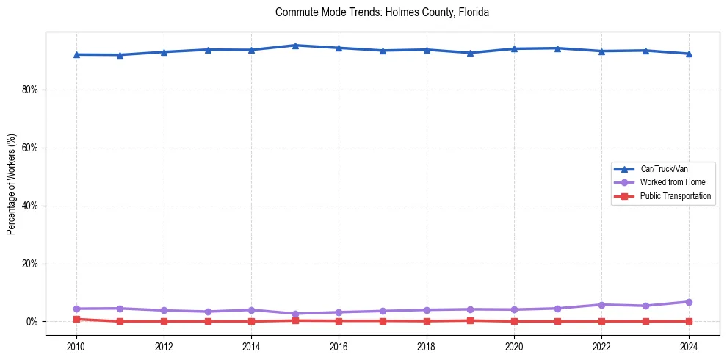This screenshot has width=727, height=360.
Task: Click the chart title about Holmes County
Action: (382, 12)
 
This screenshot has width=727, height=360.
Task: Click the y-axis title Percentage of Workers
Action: (11, 184)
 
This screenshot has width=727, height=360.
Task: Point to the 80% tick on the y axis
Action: (31, 90)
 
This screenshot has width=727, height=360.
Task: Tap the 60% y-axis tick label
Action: (31, 148)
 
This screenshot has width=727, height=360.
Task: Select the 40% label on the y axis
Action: (31, 206)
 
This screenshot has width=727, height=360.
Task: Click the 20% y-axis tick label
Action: (31, 264)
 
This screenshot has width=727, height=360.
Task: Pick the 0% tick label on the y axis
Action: (33, 322)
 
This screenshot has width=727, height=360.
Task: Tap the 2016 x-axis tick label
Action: (339, 345)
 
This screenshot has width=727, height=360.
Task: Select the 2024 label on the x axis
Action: (689, 345)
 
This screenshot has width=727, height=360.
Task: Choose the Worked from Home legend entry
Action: (669, 182)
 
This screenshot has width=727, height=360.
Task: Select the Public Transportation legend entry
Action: (675, 196)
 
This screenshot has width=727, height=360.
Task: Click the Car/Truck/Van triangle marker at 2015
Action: (295, 46)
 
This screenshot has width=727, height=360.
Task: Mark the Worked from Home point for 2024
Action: (689, 302)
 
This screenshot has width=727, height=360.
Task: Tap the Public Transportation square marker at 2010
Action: (76, 320)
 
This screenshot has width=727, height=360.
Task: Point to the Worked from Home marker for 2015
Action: (295, 314)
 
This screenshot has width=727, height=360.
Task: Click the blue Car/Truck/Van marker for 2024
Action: (689, 54)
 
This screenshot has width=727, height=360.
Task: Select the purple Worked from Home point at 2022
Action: (601, 305)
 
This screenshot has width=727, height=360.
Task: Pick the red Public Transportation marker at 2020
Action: (514, 321)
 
